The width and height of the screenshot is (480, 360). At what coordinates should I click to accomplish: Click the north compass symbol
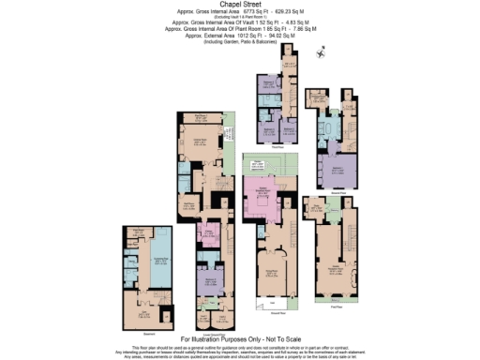[x=321, y=52]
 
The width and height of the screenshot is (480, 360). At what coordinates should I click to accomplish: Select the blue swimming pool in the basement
[x=148, y=261]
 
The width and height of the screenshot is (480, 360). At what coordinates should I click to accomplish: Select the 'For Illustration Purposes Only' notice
[x=240, y=337]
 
